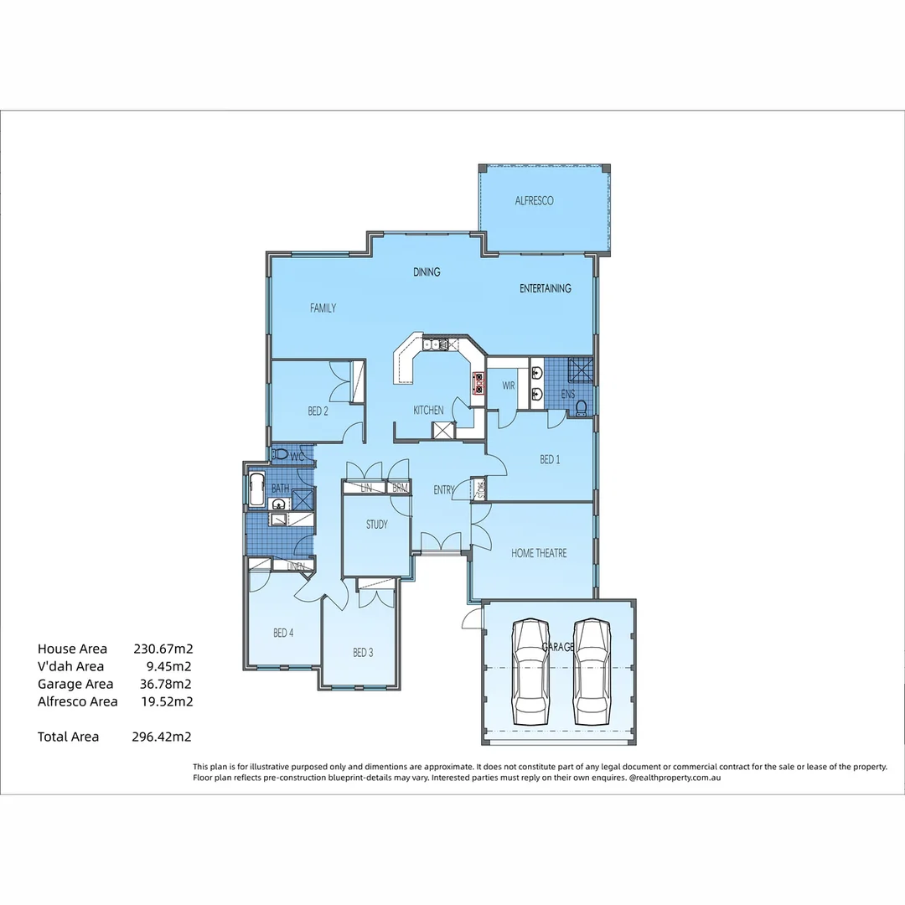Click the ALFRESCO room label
pos(534,201)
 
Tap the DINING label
pos(427,272)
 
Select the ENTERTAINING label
pos(545,288)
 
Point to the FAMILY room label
pos(323,308)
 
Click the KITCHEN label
pos(428,411)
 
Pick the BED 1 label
pos(550,460)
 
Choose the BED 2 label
pos(318,411)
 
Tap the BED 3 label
pos(363,653)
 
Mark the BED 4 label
pos(283,633)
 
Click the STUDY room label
pos(376,525)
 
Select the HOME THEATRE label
pos(539,553)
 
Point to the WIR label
pos(509,386)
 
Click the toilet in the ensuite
pos(581,408)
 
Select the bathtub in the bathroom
pos(256,489)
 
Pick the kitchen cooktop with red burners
pos(479,383)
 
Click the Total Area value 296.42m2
pos(163,737)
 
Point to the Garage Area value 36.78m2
pos(166,684)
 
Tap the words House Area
pos(72,649)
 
